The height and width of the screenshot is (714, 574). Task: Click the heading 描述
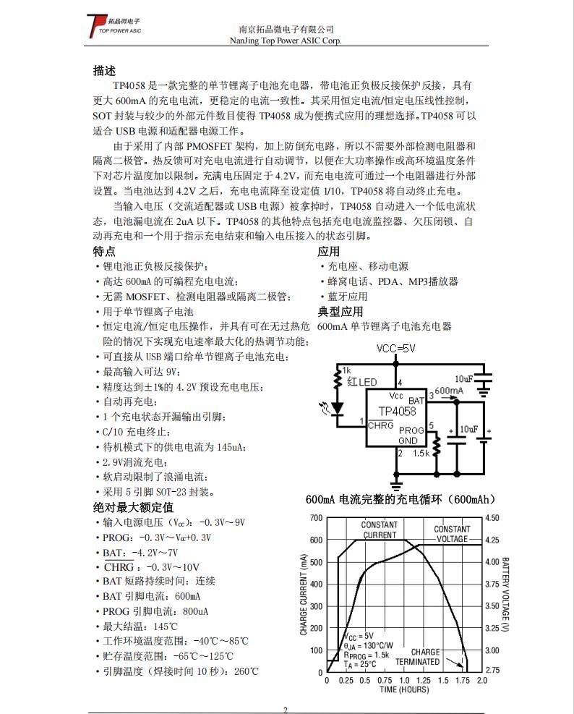104,71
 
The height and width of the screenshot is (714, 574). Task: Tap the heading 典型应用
340,312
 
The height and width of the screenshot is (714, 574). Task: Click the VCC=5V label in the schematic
396,349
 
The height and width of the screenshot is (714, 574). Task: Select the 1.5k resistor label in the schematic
421,454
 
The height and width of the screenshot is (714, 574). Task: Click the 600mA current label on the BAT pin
449,391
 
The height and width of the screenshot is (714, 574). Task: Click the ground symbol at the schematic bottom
395,483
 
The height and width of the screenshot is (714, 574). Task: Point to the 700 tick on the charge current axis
316,518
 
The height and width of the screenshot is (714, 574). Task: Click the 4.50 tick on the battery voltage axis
492,518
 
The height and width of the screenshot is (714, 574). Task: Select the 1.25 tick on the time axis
424,680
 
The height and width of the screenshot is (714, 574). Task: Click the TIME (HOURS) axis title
404,689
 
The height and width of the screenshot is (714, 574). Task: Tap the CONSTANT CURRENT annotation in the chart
380,530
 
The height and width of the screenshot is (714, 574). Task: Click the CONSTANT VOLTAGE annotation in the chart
452,534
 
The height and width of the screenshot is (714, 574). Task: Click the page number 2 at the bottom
286,709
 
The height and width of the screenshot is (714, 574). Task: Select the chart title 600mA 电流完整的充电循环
400,500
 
